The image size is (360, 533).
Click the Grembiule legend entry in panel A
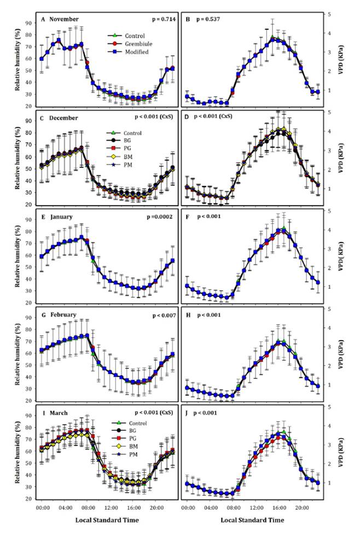coord(130,44)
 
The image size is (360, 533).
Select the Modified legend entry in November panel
coord(127,52)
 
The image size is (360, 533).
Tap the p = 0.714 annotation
coord(164,19)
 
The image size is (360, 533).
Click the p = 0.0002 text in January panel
coord(160,217)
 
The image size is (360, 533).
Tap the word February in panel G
coord(63,315)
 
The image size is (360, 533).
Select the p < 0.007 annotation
coord(164,316)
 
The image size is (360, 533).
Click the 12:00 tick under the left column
coord(111,508)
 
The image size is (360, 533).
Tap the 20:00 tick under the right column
coord(302,508)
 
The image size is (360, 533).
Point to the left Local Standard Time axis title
coord(107,520)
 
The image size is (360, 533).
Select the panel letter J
coord(187,413)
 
